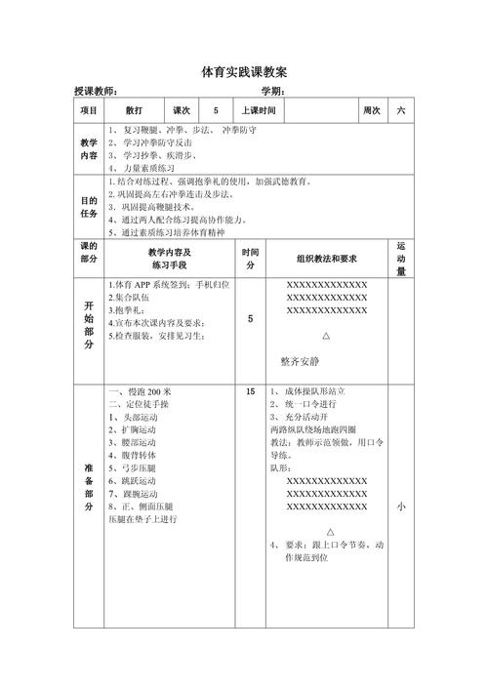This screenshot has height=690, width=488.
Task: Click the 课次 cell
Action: click(182, 110)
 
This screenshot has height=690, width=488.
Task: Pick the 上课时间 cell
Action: click(259, 110)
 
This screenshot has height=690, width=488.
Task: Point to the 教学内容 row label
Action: click(88, 148)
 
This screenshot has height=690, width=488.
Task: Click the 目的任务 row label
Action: click(88, 207)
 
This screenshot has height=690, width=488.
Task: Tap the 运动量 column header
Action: click(401, 259)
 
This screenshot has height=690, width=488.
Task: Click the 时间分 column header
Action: click(250, 259)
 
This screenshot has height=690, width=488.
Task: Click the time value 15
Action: click(250, 391)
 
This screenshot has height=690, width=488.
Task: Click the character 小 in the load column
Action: click(401, 507)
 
